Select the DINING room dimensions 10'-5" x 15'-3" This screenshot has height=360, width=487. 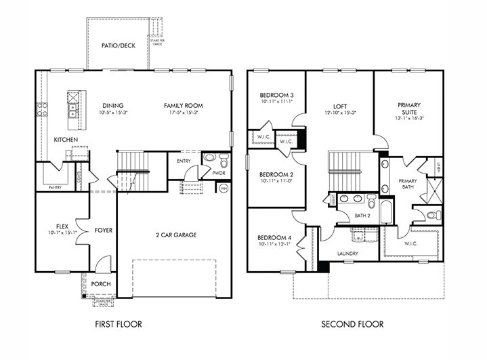[x=112, y=113]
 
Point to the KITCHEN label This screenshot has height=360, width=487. [x=66, y=140]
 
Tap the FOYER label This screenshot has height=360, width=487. [x=103, y=231]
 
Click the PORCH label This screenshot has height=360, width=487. [x=101, y=283]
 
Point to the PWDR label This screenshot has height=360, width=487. [x=218, y=174]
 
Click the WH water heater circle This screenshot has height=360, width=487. [x=224, y=188]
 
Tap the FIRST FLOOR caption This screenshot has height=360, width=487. [x=119, y=324]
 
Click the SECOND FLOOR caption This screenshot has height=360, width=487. [x=352, y=324]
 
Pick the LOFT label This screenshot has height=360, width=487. [x=340, y=106]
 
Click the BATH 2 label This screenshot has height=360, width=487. [x=363, y=216]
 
